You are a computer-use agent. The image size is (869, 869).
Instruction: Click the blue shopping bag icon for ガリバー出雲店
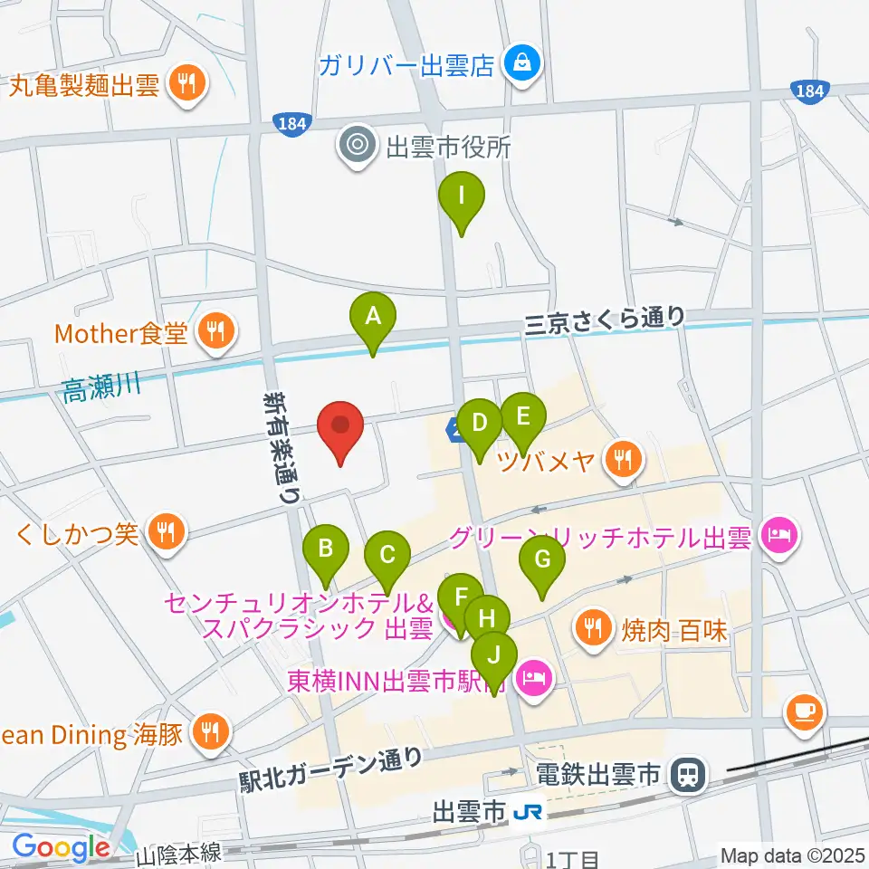[523, 64]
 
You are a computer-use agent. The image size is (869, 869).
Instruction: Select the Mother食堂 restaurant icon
[215, 333]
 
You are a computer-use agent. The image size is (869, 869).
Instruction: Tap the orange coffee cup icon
[805, 711]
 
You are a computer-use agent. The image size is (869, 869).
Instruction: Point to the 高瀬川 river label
[102, 389]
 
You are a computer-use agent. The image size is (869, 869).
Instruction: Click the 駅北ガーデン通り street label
[329, 768]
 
